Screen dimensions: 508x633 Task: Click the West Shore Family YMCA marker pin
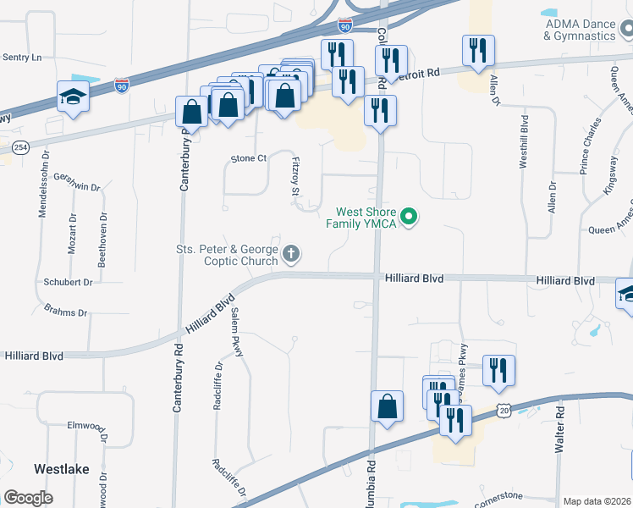[x=410, y=218]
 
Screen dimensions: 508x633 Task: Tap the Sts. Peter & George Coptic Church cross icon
[x=291, y=254]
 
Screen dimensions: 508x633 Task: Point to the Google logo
[x=28, y=497]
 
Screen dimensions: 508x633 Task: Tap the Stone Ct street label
[x=249, y=158]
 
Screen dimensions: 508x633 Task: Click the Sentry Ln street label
[x=22, y=58]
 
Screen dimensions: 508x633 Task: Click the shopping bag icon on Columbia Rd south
[x=387, y=406]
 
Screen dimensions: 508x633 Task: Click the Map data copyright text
[x=596, y=501]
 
